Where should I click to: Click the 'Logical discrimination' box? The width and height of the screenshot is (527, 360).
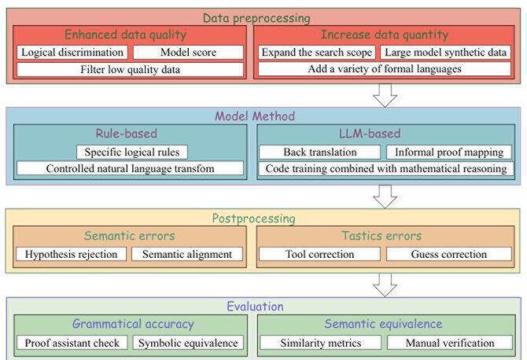[72, 53]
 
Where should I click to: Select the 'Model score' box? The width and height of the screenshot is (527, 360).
[188, 53]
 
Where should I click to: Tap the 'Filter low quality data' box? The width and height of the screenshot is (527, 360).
[130, 69]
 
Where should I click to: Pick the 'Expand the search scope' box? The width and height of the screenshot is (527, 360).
[317, 53]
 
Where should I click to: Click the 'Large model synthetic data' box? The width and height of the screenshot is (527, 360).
[446, 53]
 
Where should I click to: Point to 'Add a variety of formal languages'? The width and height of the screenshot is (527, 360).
[385, 69]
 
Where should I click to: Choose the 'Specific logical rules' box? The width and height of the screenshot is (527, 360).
[131, 151]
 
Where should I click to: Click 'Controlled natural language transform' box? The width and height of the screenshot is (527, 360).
[131, 168]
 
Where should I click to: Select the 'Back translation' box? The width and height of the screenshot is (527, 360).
[319, 151]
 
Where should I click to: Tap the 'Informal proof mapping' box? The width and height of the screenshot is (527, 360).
[448, 151]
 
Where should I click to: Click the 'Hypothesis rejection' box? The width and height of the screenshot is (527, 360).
[72, 254]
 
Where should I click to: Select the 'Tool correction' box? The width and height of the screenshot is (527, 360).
[319, 254]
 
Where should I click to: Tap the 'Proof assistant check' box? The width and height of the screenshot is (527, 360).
[72, 343]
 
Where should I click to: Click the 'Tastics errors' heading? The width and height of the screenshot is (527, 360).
[382, 236]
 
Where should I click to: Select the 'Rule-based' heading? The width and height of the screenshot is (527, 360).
[130, 134]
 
